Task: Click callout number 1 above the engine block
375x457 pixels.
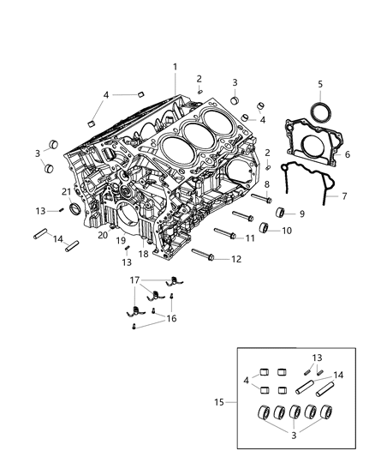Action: (175, 67)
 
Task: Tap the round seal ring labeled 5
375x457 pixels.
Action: (320, 111)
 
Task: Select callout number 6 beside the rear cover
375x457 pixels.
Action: (347, 154)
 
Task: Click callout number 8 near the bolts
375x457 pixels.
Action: (266, 183)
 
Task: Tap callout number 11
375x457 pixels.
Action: (250, 238)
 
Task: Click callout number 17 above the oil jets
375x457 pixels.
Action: (134, 280)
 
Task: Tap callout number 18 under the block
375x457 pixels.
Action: (144, 255)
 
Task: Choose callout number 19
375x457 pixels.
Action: (121, 241)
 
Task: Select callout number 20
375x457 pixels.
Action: (102, 234)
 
